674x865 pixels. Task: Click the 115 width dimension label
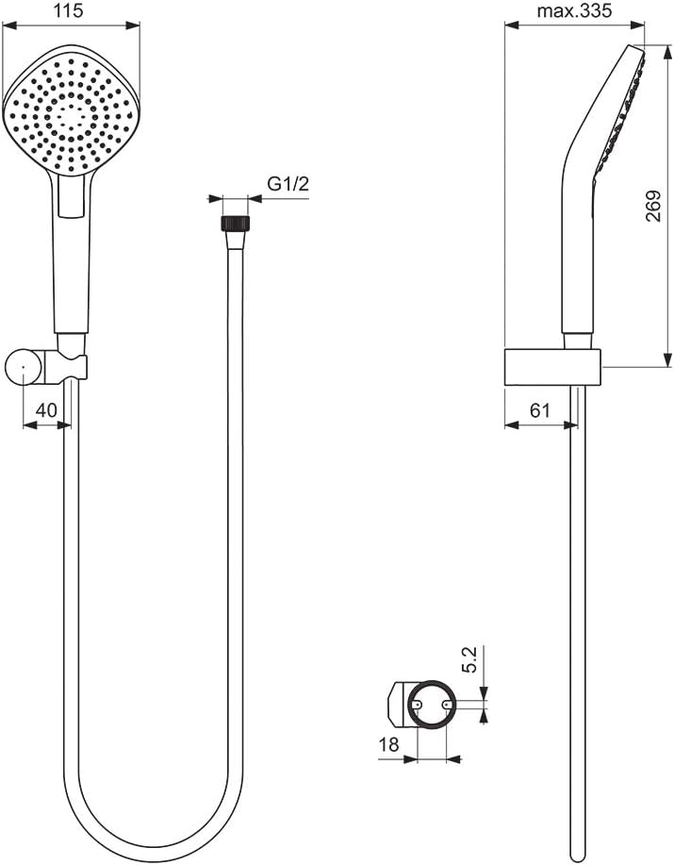coord(70,10)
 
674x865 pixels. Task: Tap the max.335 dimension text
coord(575,10)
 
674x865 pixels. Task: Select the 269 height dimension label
coord(653,206)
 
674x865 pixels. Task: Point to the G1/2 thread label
coord(288,184)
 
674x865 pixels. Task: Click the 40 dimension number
coord(46,410)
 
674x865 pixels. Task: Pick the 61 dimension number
coord(540,410)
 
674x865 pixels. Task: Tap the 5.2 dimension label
coord(469,659)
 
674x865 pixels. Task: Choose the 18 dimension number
coord(388,744)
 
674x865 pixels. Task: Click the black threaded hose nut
coord(236,223)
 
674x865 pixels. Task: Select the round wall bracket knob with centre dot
coord(24,366)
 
